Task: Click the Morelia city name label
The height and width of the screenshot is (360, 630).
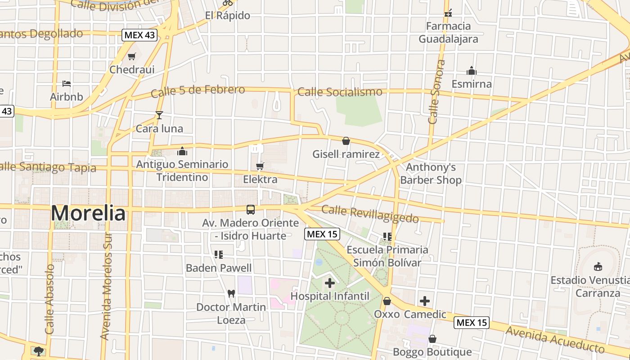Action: [88, 213]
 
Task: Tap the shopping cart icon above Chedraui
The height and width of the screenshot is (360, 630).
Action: [131, 57]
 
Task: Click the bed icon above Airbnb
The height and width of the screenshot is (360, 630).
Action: [67, 84]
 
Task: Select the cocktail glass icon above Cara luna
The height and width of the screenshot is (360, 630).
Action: [159, 115]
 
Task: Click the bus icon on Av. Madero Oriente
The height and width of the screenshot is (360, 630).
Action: [250, 210]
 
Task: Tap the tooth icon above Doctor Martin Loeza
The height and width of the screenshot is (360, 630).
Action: [231, 293]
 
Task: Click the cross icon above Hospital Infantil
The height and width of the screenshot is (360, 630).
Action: [330, 283]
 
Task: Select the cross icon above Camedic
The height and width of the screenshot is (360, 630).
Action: [425, 301]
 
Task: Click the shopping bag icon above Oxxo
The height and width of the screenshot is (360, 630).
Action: [387, 301]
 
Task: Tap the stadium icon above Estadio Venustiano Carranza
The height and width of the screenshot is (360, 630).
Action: [598, 267]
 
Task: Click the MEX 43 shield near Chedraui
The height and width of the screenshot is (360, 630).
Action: [139, 36]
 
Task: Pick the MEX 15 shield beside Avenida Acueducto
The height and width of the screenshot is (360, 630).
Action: [471, 323]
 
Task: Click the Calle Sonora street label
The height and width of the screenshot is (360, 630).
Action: [435, 92]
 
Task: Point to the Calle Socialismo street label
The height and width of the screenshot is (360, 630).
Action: [340, 92]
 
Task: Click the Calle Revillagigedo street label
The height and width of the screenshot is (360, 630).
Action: [370, 214]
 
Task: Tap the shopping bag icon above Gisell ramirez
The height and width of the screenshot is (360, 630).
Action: [346, 141]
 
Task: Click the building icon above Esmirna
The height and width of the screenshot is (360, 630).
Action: [472, 71]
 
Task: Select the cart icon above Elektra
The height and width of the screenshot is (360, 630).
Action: [260, 166]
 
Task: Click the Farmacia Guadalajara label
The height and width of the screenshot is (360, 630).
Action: [448, 32]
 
